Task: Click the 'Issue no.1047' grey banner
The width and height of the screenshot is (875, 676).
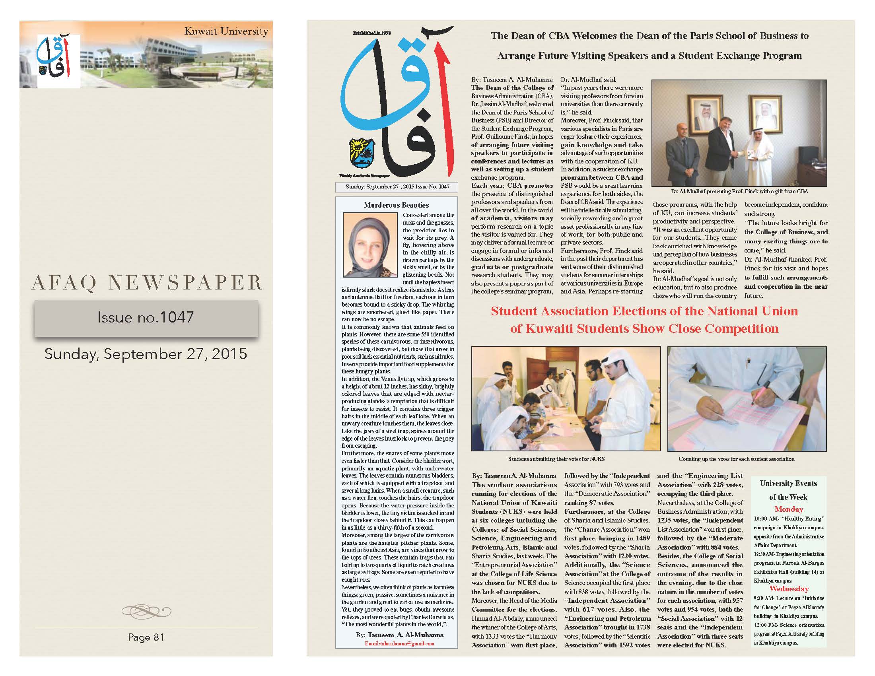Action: click(x=146, y=318)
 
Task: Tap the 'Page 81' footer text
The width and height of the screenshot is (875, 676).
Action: click(x=146, y=637)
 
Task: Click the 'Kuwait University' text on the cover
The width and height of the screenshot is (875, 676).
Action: click(x=226, y=32)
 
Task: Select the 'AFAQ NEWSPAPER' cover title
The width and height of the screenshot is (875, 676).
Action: click(x=147, y=283)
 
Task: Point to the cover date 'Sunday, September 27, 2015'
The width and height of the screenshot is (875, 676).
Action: click(x=146, y=354)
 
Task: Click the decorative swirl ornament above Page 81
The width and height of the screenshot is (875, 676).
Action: click(x=146, y=611)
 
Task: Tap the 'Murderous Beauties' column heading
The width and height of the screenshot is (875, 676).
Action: click(x=396, y=205)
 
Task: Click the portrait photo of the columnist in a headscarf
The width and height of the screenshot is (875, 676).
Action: click(x=370, y=245)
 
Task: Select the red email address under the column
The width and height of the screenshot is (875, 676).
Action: click(x=399, y=644)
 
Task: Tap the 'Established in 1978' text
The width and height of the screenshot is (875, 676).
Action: click(x=371, y=34)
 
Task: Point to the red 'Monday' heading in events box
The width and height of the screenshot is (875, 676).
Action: click(x=788, y=509)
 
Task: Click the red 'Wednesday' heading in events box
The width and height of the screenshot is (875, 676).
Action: click(x=789, y=589)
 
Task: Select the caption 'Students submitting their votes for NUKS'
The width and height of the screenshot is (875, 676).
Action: click(x=556, y=459)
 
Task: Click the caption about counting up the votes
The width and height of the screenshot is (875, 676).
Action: click(x=736, y=459)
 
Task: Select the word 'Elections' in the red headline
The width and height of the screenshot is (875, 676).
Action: click(x=655, y=311)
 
